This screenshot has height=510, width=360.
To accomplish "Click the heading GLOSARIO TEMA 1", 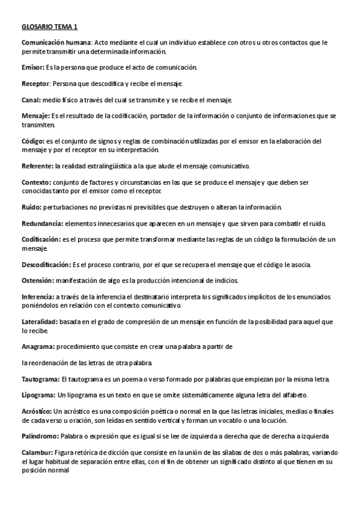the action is pos(49,27).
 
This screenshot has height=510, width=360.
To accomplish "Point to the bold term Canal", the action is pos(31,99).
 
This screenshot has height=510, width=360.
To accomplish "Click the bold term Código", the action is pos(34,141).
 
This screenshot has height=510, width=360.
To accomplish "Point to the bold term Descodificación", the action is pos(46,265).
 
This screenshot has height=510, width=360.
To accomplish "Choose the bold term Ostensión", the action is pos(38,281).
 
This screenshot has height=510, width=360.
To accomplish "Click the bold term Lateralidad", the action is pos(40,322).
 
